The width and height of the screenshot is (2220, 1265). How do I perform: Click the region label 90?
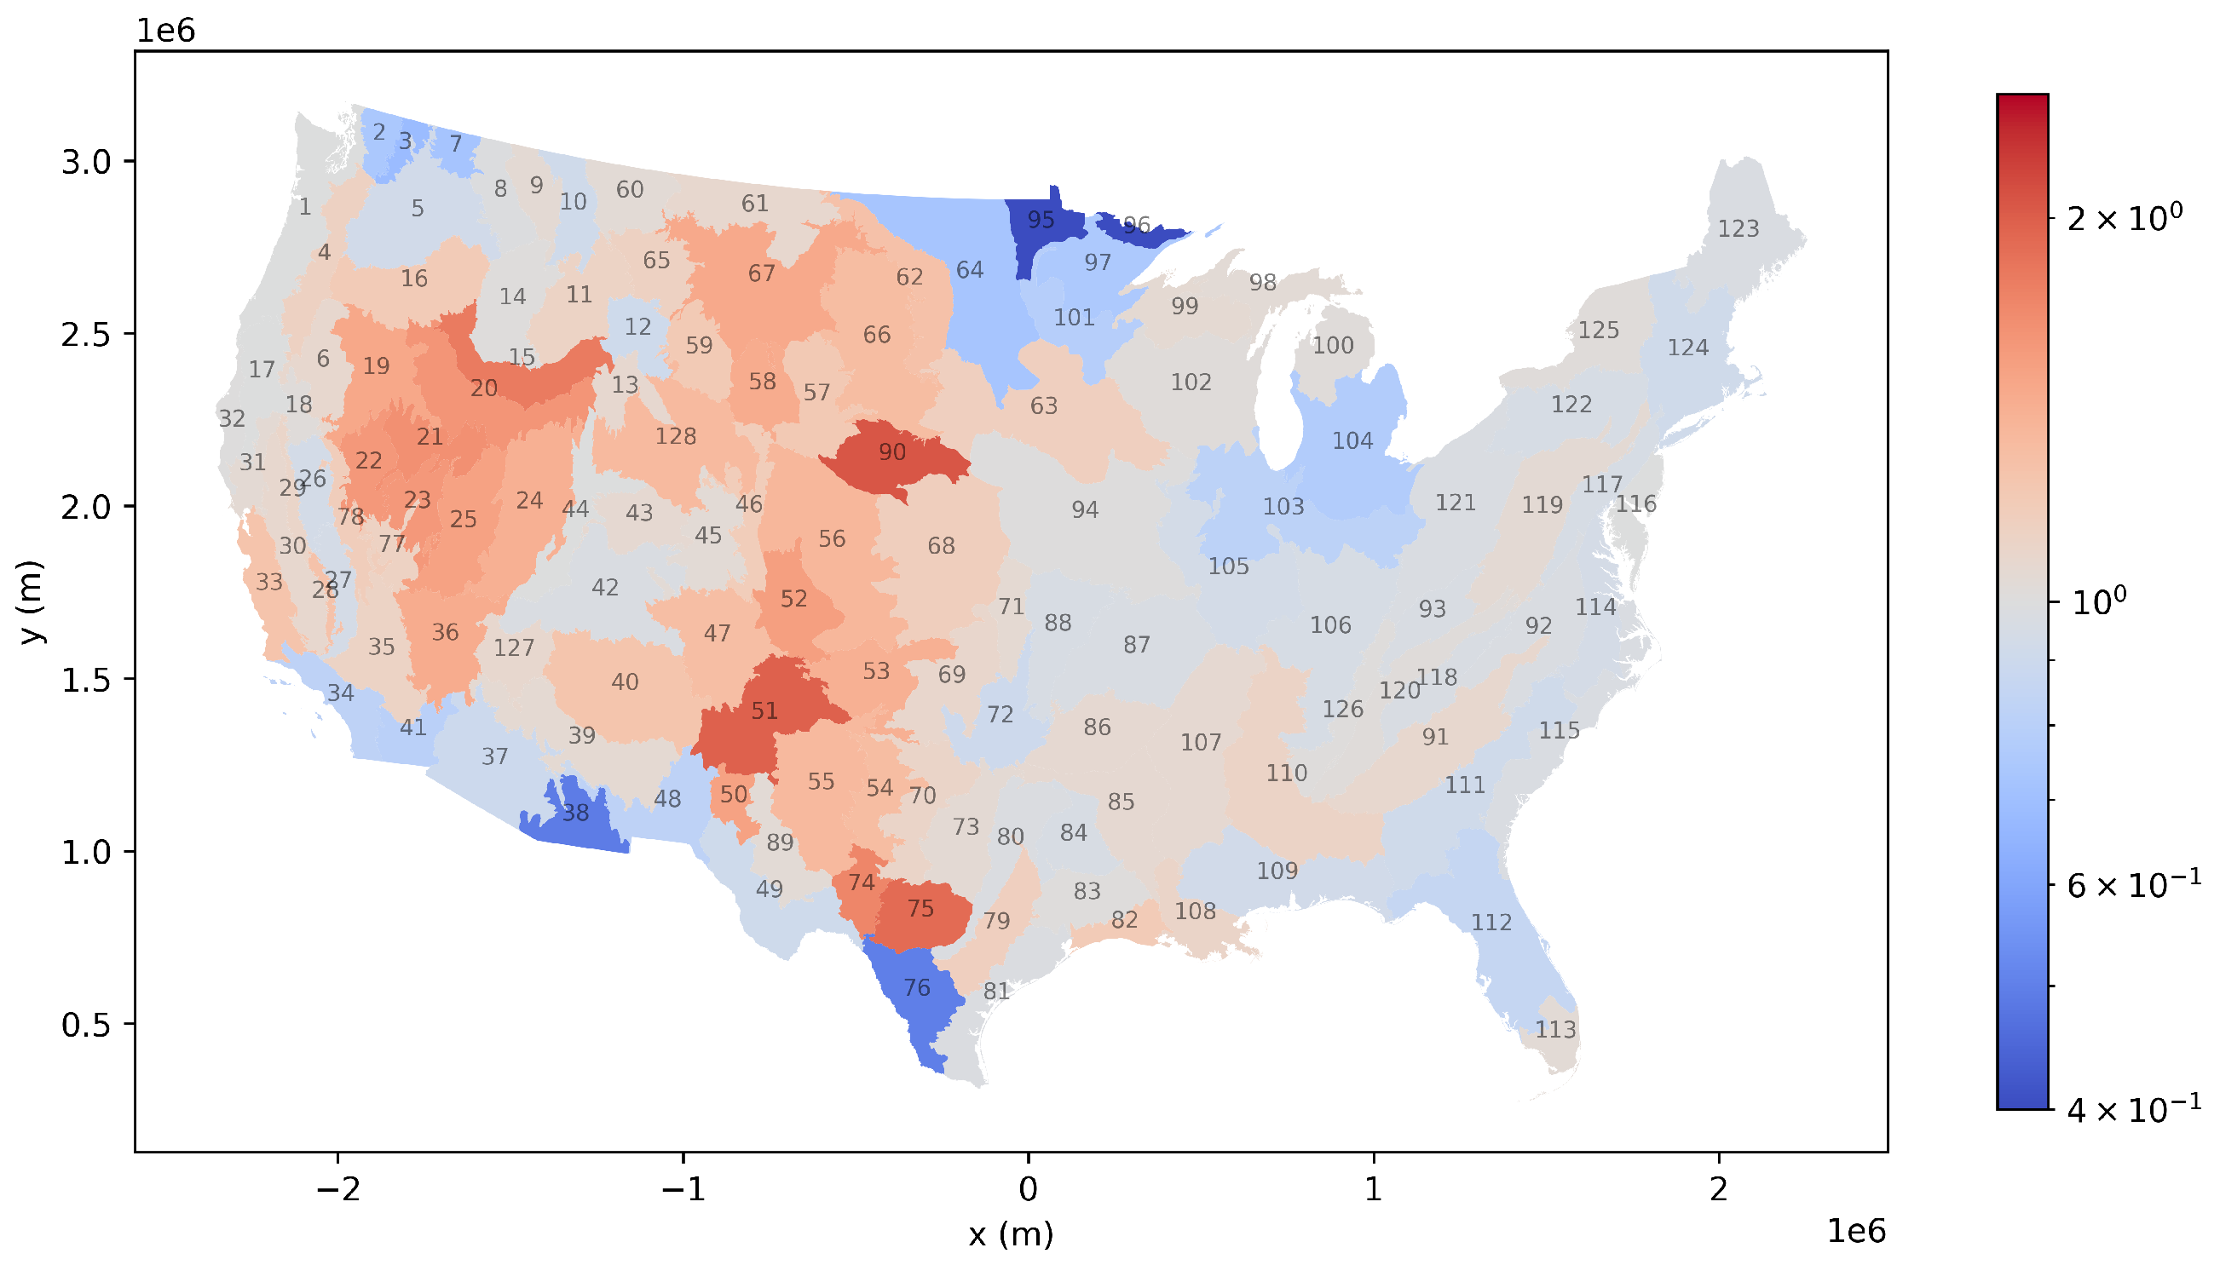[891, 451]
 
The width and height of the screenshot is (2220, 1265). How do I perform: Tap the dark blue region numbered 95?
[1040, 220]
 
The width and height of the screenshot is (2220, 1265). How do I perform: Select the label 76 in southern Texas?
[917, 988]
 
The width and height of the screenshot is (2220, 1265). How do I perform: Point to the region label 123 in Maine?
[1738, 228]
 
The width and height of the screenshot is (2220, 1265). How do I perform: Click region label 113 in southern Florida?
[1554, 1030]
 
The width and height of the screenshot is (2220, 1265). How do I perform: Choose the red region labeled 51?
[764, 711]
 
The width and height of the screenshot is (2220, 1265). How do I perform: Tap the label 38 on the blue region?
[575, 814]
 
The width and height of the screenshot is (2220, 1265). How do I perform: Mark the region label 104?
[1352, 441]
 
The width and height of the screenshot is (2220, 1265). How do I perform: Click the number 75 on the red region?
[920, 909]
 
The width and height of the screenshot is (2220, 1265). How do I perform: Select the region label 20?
[484, 388]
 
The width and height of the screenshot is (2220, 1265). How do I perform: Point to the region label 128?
[675, 436]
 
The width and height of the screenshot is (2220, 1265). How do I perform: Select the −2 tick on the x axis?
[337, 1189]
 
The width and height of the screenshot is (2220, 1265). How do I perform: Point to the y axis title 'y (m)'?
[32, 601]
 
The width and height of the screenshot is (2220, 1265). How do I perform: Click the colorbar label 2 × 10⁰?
[2125, 217]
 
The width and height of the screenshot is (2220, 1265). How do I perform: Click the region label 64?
[970, 270]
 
